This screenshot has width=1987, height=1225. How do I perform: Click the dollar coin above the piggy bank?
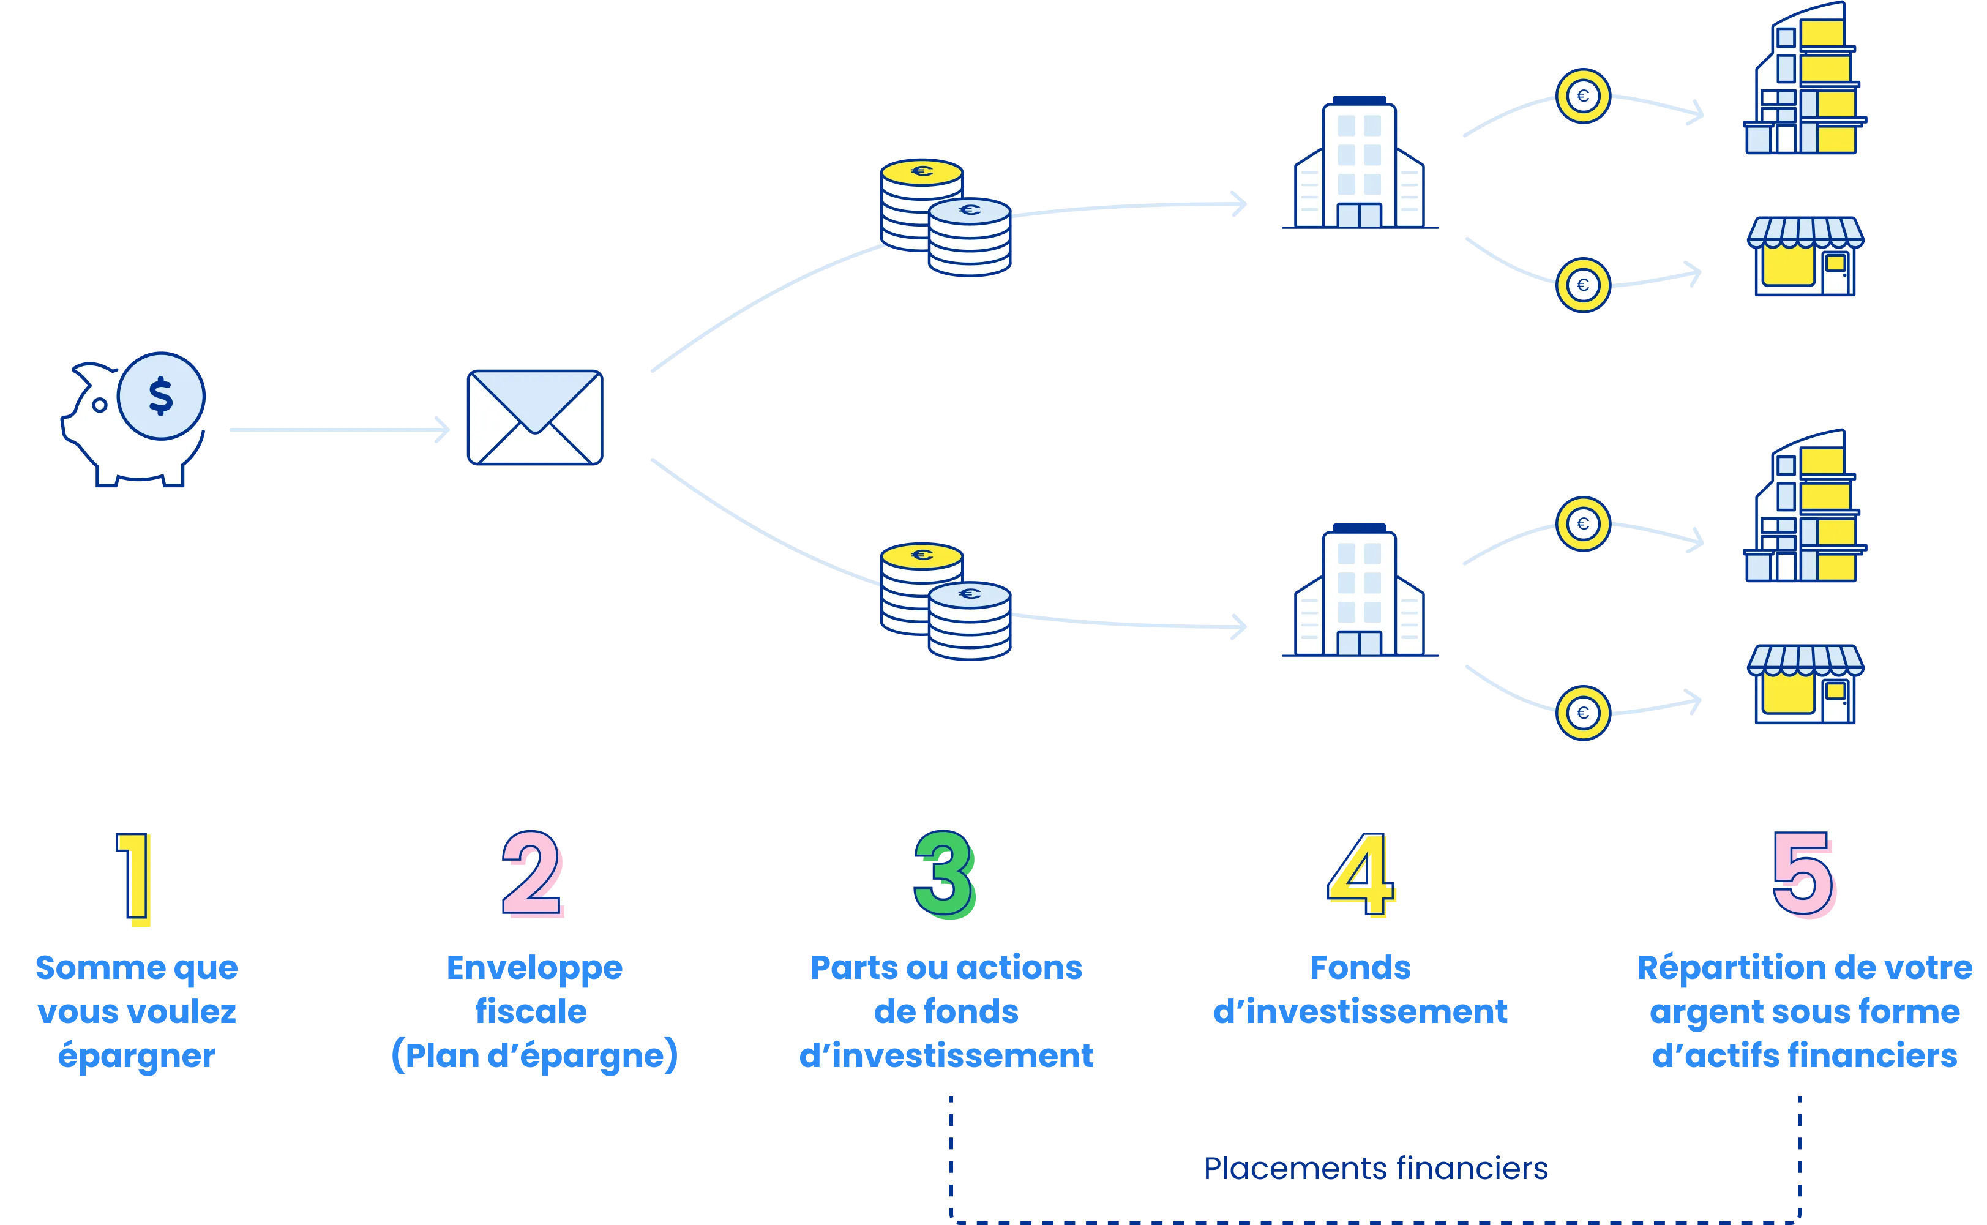(x=160, y=396)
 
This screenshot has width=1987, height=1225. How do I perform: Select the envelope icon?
(x=534, y=418)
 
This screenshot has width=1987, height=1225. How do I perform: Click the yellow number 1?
(x=133, y=878)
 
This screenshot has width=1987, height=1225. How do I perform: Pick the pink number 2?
(x=532, y=874)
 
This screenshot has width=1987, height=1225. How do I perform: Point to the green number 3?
(x=945, y=874)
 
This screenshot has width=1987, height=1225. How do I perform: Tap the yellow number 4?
(x=1361, y=874)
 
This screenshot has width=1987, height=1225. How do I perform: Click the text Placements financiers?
(x=1375, y=1168)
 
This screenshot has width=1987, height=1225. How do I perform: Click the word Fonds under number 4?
(x=1360, y=967)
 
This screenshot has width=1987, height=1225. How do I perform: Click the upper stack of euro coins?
(x=945, y=217)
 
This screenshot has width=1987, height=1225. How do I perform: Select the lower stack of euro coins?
(x=945, y=601)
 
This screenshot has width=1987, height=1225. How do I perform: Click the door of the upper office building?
(x=1359, y=215)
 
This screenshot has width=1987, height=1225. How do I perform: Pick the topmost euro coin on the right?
(x=1583, y=96)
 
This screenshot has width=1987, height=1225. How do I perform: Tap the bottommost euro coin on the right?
(x=1583, y=713)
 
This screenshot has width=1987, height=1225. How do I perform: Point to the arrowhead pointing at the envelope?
(x=443, y=429)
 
